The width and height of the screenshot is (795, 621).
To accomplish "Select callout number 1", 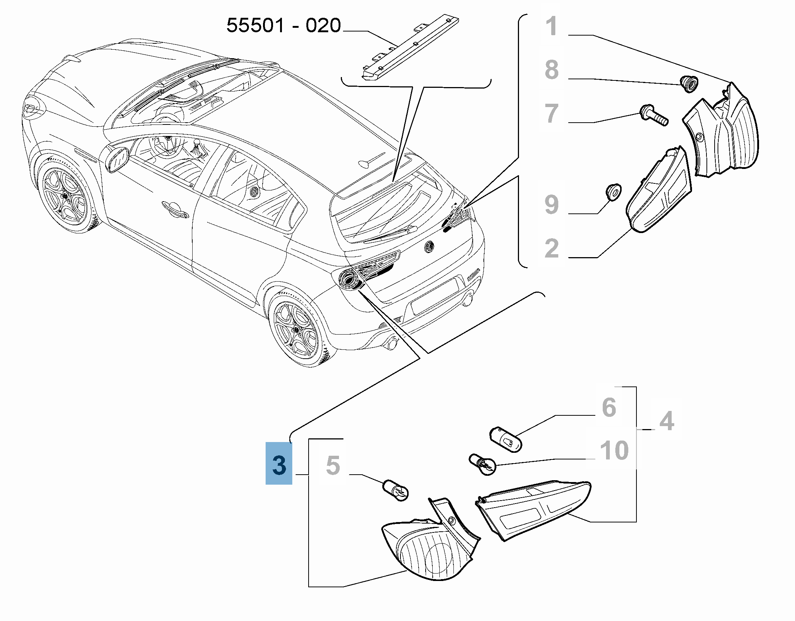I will (552, 26).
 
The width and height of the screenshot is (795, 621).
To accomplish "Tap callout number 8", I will (552, 69).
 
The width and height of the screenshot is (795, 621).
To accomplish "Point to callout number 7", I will (552, 113).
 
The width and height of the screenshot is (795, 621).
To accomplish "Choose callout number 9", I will (552, 204).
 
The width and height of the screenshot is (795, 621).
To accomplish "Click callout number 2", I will (552, 248).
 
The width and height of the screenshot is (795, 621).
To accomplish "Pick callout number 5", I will (333, 465).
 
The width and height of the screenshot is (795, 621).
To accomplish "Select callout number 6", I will (609, 408).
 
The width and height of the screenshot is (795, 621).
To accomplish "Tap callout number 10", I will (614, 451).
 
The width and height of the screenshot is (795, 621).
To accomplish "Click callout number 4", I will (667, 421).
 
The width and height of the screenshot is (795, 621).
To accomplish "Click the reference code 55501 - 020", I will (283, 26).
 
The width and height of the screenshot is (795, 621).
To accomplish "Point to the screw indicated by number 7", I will (654, 115).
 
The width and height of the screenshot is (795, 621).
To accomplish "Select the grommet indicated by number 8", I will (689, 84).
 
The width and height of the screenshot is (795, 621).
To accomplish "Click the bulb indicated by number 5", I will (396, 490).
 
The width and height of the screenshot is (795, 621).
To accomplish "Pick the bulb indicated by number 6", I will (506, 439).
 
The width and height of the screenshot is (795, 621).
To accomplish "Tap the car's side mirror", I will (116, 160).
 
